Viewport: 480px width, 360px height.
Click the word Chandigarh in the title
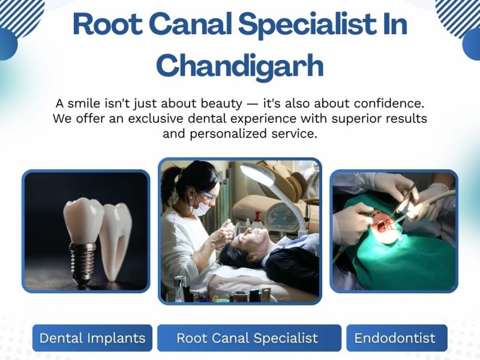(x=240, y=65)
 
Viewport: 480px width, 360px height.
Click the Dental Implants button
(x=92, y=338)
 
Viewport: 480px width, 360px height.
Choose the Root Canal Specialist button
(x=247, y=338)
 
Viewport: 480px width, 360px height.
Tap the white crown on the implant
(x=83, y=220)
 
